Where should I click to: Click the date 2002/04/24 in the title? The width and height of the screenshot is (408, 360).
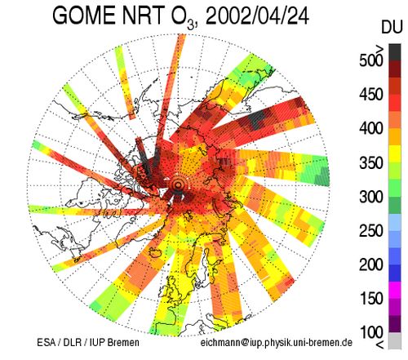click(257, 16)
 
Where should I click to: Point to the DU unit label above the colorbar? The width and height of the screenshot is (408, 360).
click(392, 28)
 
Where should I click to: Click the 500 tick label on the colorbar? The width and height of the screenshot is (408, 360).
click(370, 60)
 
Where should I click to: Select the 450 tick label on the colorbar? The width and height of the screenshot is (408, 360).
click(370, 95)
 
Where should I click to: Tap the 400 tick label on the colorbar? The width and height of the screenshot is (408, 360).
click(370, 128)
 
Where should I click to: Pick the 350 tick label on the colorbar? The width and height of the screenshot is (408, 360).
click(370, 162)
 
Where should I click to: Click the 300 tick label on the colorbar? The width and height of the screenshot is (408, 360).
click(370, 197)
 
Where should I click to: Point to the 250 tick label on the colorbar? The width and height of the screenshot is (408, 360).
click(370, 230)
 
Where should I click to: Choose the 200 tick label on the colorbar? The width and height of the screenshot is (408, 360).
click(370, 264)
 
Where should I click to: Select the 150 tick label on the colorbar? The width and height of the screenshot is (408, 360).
click(370, 299)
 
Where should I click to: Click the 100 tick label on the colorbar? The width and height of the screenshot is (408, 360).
click(370, 332)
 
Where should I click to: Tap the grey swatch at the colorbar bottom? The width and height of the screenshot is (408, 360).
click(395, 340)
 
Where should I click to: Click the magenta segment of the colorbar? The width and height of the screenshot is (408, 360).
click(395, 290)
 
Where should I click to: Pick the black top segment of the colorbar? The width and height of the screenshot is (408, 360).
click(395, 52)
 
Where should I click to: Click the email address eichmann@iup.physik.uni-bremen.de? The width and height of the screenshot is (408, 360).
click(277, 343)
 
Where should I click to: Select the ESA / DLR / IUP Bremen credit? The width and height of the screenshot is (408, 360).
click(88, 342)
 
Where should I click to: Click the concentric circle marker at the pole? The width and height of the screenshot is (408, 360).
click(178, 185)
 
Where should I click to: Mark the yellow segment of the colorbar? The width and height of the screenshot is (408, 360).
click(395, 153)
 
